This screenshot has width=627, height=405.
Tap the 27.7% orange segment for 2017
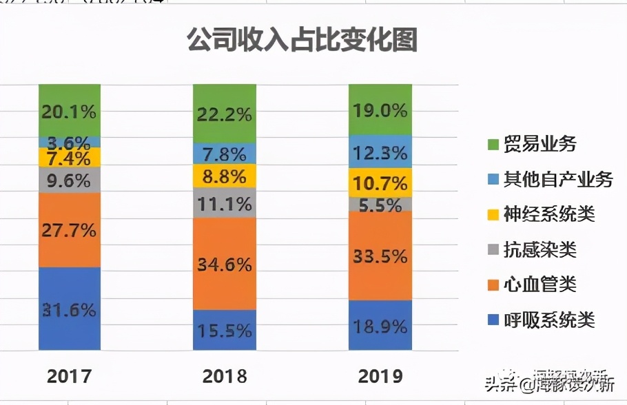tap(70, 230)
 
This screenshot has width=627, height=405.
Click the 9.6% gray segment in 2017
tap(70, 180)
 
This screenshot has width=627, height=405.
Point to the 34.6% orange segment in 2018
tap(225, 264)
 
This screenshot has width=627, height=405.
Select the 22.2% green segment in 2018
tap(225, 114)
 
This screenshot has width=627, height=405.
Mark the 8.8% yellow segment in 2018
tap(225, 176)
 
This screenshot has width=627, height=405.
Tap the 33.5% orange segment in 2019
tap(380, 256)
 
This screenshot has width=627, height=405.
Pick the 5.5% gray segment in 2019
tap(380, 204)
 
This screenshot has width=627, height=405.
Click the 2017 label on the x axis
tap(70, 376)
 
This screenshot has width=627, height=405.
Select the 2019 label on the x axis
tap(380, 376)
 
